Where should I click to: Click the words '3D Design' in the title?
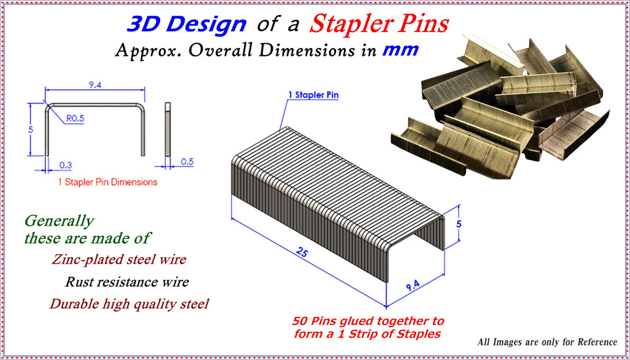pyautogui.click(x=186, y=25)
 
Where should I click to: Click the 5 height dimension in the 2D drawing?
pyautogui.click(x=30, y=129)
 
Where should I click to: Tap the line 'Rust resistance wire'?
pyautogui.click(x=127, y=283)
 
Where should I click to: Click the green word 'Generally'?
pyautogui.click(x=59, y=221)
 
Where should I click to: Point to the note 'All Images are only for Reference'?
pyautogui.click(x=547, y=342)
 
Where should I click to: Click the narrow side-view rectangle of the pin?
pyautogui.click(x=167, y=129)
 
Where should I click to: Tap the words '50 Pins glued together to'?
pyautogui.click(x=367, y=321)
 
